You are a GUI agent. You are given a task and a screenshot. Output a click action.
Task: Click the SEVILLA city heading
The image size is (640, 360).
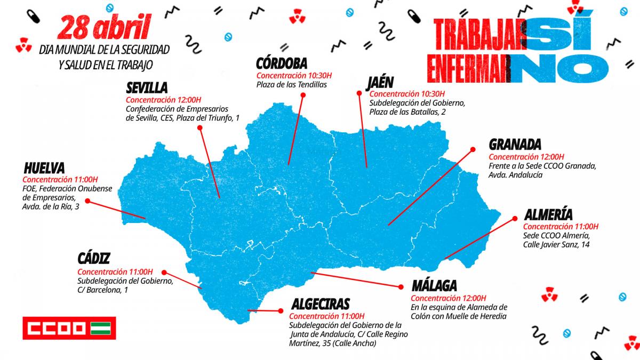[x=147, y=88]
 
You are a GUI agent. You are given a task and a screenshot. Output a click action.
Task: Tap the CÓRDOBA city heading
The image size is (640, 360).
[x=282, y=63]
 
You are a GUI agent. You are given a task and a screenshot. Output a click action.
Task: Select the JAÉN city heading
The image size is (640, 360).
[x=380, y=83]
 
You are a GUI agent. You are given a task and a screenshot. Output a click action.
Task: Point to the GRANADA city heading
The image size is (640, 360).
[x=515, y=145]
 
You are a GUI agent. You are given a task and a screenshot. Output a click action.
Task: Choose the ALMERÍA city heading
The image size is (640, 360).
[x=548, y=215]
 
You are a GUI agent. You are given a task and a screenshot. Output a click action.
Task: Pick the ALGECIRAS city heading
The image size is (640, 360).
[x=321, y=304]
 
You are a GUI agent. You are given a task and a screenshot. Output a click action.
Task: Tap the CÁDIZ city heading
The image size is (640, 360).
[x=94, y=259]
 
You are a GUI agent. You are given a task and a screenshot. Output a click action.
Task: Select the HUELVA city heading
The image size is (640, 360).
[x=44, y=167]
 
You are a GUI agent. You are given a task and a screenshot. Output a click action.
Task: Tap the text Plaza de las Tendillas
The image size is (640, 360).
[x=291, y=85]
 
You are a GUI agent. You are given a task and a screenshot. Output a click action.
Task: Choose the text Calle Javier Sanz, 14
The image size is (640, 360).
[x=556, y=245]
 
